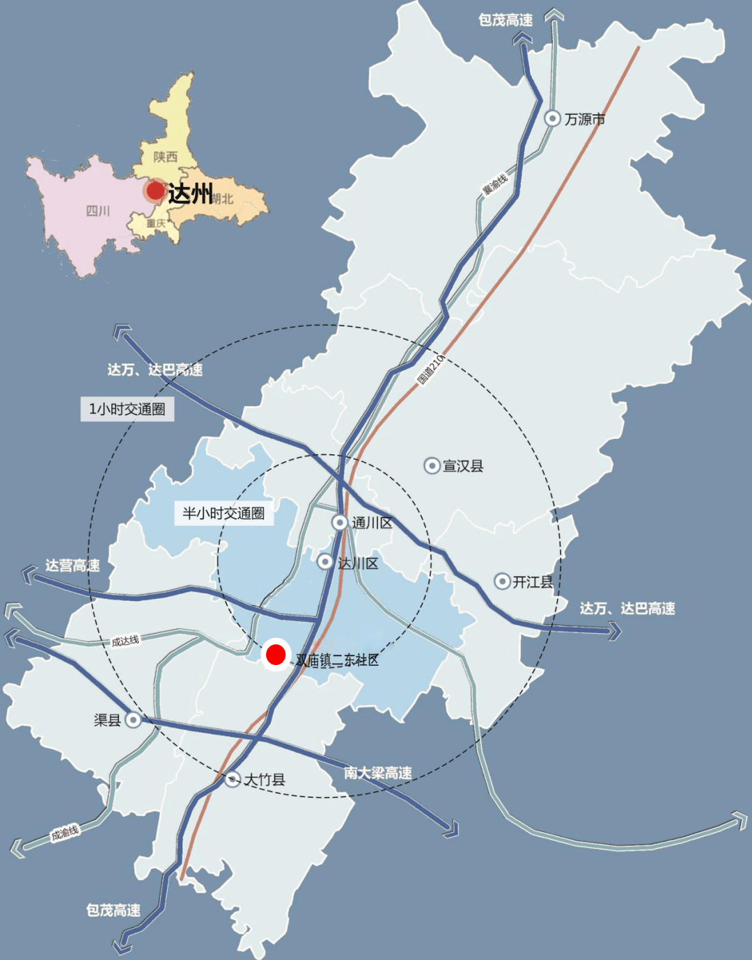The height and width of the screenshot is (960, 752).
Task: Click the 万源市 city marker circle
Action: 552,119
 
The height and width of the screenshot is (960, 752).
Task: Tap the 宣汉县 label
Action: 463,466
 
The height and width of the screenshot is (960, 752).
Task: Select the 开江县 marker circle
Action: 502,581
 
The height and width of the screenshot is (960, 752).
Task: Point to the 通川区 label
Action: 372,522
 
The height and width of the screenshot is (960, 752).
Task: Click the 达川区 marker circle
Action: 325,561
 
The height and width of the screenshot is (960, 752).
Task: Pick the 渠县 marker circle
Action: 133,720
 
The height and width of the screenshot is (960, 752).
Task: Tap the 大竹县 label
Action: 265,780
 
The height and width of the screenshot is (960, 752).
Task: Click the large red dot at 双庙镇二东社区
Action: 276,654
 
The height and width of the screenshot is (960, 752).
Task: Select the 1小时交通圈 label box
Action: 127,409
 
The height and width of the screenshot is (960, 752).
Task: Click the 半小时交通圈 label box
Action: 224,513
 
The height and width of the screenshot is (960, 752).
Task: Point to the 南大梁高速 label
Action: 378,773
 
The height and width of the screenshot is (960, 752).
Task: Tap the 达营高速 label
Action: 72,566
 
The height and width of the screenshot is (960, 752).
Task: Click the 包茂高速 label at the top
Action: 506,20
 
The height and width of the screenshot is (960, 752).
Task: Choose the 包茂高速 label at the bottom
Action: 113,910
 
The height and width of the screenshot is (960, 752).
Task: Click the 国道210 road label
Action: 430,369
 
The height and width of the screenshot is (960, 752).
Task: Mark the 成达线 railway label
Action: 125,641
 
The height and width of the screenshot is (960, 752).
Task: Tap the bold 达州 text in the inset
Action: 190,193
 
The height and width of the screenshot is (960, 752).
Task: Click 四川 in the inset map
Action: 97,211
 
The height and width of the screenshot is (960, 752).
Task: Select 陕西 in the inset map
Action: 166,157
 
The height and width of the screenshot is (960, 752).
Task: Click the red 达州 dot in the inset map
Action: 155,191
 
